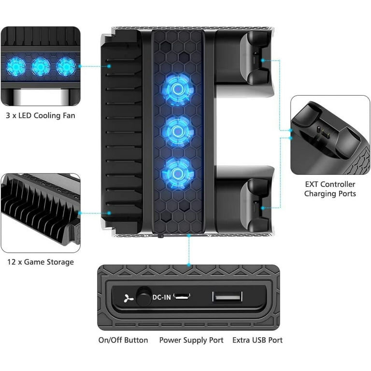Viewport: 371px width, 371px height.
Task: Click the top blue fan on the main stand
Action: point(178,89)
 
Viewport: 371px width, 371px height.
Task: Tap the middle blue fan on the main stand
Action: point(178,131)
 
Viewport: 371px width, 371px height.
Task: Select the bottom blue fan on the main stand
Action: point(178,174)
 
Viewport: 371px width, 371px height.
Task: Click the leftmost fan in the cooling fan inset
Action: point(16,66)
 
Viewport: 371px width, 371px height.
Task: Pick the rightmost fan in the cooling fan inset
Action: point(66,67)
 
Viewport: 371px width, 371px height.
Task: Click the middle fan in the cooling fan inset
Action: point(41,67)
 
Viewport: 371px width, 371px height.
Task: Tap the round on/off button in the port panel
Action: point(143,296)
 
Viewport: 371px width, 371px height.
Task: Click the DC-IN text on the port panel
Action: point(162,297)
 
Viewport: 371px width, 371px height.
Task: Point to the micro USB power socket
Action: point(182,296)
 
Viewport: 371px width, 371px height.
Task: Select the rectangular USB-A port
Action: point(228,297)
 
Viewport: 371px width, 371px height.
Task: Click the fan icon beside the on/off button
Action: point(128,299)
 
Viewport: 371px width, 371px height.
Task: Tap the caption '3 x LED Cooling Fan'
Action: point(41,115)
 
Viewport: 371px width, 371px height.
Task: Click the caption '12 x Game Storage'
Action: point(41,262)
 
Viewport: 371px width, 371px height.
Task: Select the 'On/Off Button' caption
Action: point(123,340)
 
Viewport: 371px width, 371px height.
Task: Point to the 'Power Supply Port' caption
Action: point(191,340)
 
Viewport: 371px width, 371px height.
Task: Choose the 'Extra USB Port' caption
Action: point(257,340)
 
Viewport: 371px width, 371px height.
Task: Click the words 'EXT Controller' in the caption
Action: point(330,184)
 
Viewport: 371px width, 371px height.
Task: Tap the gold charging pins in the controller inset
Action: point(324,132)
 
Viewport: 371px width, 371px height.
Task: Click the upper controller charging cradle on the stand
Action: point(255,58)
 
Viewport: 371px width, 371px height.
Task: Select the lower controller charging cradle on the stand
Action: point(255,205)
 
